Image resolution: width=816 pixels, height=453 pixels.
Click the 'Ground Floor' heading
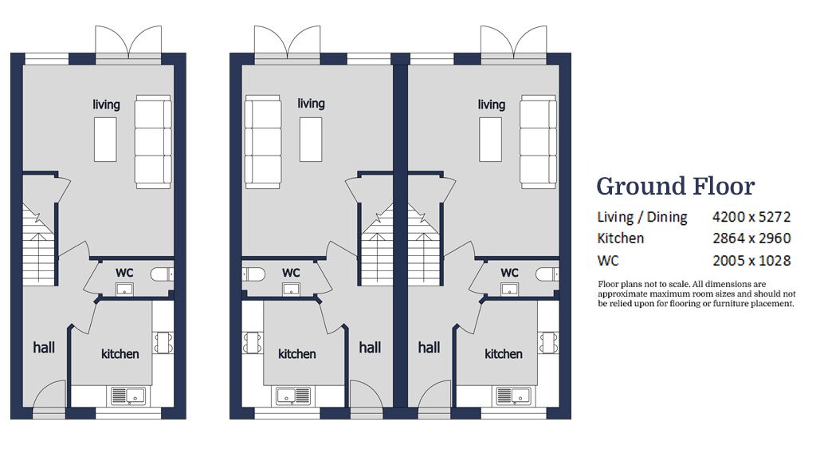675,187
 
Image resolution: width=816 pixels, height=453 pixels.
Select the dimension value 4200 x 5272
751,217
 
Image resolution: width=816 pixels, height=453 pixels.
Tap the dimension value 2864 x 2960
751,238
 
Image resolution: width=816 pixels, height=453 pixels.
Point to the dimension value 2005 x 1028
751,260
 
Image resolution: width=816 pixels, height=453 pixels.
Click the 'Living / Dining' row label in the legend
641,217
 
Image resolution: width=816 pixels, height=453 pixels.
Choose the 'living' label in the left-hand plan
106,104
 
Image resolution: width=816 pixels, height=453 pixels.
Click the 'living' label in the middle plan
311,104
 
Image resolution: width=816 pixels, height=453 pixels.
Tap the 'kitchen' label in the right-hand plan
504,354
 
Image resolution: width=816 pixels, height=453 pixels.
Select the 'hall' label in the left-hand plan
44,348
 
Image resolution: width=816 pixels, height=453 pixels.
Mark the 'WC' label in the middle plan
291,273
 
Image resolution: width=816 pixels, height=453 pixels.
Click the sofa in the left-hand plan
153,142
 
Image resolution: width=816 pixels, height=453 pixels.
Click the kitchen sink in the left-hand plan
124,395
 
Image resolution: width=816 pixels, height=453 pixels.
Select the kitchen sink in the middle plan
294,395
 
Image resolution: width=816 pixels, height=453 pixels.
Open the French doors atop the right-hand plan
513,41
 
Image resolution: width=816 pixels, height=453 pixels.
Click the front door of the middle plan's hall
365,396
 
